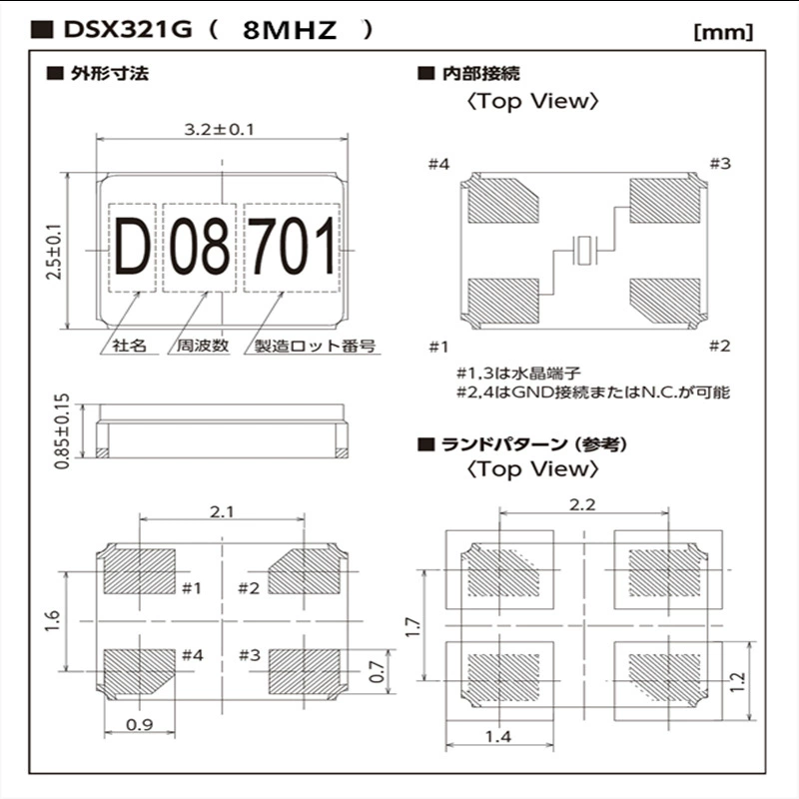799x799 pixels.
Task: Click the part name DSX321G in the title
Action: point(128,30)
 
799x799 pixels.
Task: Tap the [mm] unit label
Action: point(723,32)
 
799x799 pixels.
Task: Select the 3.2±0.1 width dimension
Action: point(219,130)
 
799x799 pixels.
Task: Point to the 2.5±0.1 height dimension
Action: point(54,252)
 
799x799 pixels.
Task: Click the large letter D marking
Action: point(132,247)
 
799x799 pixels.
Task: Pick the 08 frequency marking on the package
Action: point(199,247)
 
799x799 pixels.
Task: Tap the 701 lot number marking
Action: point(292,247)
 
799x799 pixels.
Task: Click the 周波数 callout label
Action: point(203,346)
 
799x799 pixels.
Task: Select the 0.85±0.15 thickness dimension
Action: point(62,431)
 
